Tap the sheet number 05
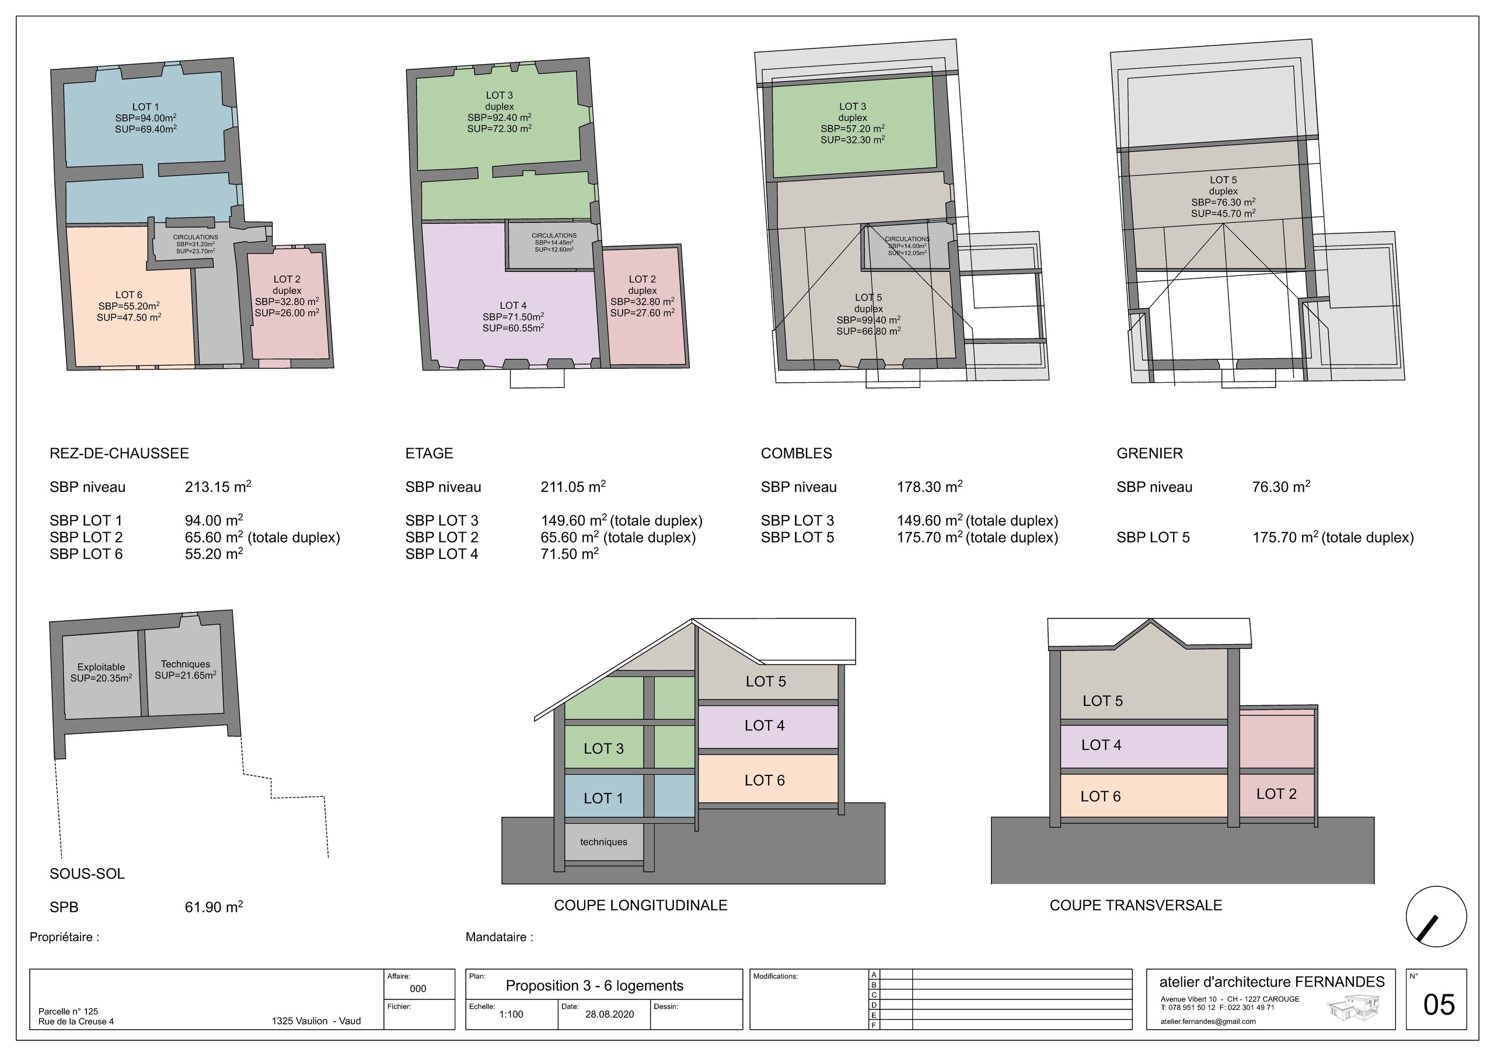pos(1439,1005)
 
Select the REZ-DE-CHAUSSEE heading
pos(119,453)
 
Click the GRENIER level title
pos(1150,453)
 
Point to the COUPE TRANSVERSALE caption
pos(1136,905)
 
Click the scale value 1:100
pos(511,1015)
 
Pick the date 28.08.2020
pos(609,1015)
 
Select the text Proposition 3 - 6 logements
pos(595,986)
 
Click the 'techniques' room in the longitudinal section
pos(604,842)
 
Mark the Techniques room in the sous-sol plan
pos(185,670)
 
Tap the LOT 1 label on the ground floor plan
pos(146,107)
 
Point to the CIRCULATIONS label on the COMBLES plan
pos(907,239)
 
